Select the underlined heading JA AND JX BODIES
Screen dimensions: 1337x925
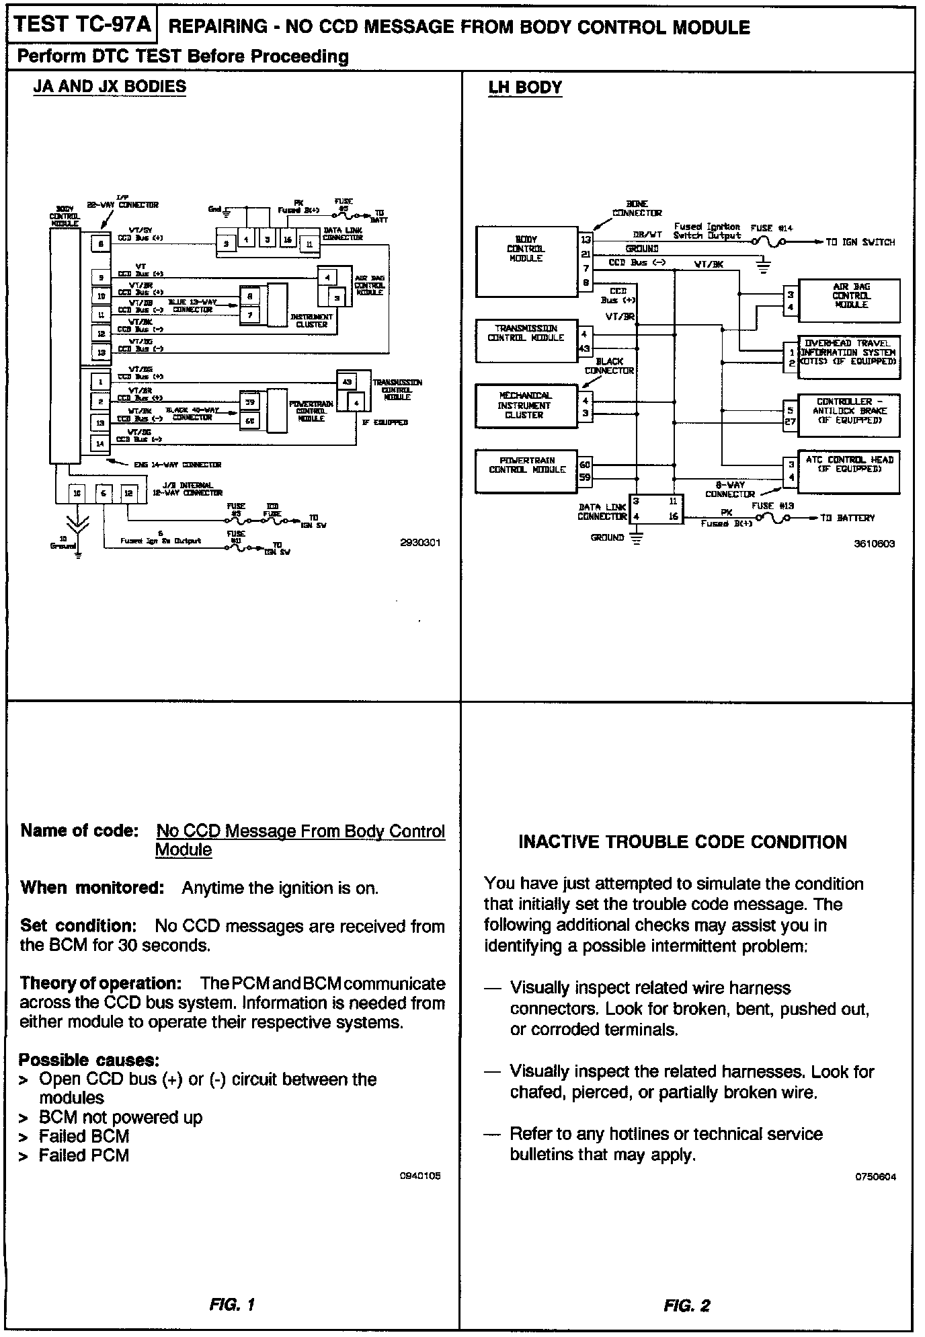(110, 87)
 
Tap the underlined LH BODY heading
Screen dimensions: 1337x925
(525, 87)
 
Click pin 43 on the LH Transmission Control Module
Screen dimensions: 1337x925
(585, 348)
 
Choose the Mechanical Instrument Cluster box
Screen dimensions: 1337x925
(525, 406)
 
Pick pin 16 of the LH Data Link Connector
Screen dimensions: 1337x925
(674, 517)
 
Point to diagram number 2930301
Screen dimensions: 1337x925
(420, 543)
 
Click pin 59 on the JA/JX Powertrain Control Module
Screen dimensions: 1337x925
(249, 402)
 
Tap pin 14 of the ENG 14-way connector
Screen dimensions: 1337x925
(100, 443)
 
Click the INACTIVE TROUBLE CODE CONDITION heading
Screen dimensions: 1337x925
(682, 842)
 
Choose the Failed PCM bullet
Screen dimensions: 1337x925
(83, 1155)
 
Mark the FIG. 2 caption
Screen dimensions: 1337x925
(686, 1305)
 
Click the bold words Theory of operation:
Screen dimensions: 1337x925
(101, 983)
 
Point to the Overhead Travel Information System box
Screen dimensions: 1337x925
(848, 352)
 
